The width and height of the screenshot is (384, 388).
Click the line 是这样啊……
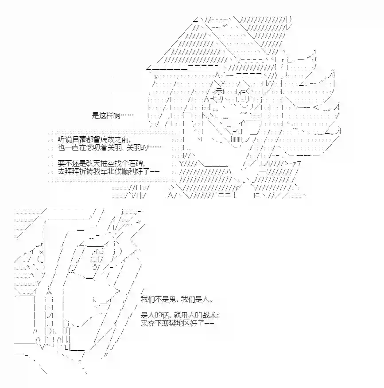(x=112, y=115)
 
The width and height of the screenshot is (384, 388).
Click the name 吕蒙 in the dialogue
(x=78, y=139)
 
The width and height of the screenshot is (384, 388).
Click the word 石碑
(x=136, y=163)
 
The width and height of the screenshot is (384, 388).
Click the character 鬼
(x=172, y=299)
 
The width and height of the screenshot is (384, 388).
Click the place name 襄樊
(x=169, y=323)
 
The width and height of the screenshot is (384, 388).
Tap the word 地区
(x=183, y=323)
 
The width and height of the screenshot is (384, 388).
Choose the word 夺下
(x=155, y=323)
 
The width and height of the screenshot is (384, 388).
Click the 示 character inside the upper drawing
(x=219, y=91)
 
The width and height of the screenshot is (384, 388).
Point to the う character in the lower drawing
(x=95, y=266)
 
